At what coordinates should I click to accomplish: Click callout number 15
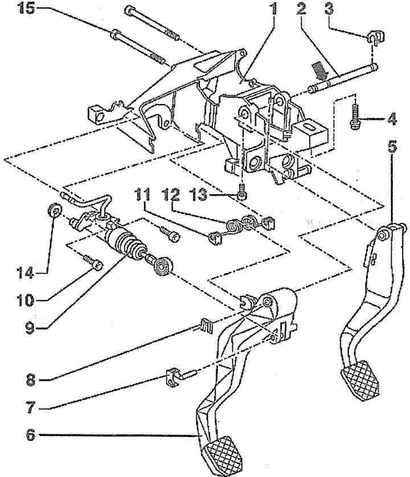pos(26,8)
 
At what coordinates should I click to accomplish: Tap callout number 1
pos(273,9)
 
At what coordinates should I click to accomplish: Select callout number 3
pos(329,9)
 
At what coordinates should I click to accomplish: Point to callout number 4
pos(392,119)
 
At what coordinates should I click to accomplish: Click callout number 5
pos(392,147)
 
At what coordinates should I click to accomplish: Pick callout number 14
pos(25,273)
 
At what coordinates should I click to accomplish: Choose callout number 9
pos(30,328)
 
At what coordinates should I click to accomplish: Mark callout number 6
pos(30,435)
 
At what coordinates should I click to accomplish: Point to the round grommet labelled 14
pos(55,210)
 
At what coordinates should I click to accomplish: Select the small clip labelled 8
pos(206,326)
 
